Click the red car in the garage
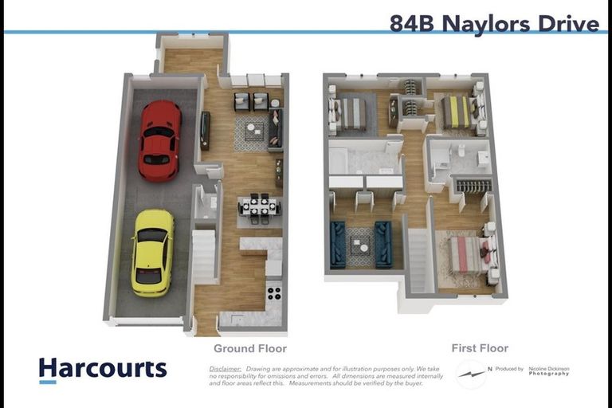(x=159, y=140)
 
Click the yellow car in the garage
(x=152, y=252)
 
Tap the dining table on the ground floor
(x=259, y=206)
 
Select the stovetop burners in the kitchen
(x=273, y=292)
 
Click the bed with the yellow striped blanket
(x=457, y=112)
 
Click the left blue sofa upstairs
(x=338, y=244)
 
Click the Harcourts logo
(x=103, y=370)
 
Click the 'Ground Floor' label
(x=249, y=348)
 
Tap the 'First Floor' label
(x=480, y=348)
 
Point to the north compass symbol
(x=471, y=374)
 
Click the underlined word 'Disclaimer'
(x=226, y=369)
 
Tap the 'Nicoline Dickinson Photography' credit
(x=549, y=371)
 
